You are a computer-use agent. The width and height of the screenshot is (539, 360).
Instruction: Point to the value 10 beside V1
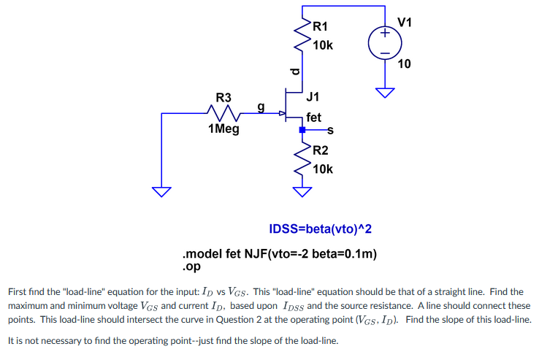pos(405,64)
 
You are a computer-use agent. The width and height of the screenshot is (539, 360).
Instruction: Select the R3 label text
pos(223,97)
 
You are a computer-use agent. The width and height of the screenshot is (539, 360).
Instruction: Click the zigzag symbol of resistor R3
pos(223,113)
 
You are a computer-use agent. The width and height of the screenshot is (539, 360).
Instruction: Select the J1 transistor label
pos(313,96)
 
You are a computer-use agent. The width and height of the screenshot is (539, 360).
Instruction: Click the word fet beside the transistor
pos(314,117)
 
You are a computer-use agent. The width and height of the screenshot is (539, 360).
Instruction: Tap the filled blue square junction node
pos(302,130)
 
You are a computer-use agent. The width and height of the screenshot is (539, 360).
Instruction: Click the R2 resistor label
pos(320,151)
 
